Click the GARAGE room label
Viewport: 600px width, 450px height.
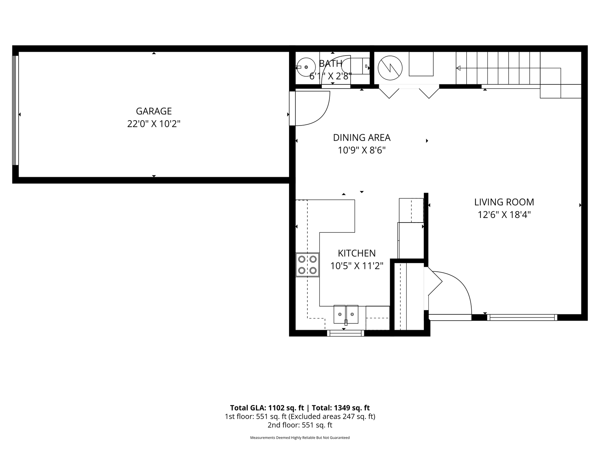154,111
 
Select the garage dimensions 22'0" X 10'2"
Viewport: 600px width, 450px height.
154,124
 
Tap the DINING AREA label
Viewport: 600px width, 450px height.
362,137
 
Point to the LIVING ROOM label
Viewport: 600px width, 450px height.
504,202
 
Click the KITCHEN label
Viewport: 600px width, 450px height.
357,253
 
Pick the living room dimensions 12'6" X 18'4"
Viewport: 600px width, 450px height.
504,214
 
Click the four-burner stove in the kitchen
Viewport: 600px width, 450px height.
307,265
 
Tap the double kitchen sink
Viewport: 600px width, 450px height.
346,314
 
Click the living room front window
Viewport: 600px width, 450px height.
522,317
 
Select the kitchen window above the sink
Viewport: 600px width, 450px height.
346,333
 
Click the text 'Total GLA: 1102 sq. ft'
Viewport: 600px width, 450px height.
267,408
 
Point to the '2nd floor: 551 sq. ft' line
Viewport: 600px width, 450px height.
300,425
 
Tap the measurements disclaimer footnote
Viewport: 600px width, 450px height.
300,438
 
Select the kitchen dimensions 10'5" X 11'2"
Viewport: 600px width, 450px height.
357,266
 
